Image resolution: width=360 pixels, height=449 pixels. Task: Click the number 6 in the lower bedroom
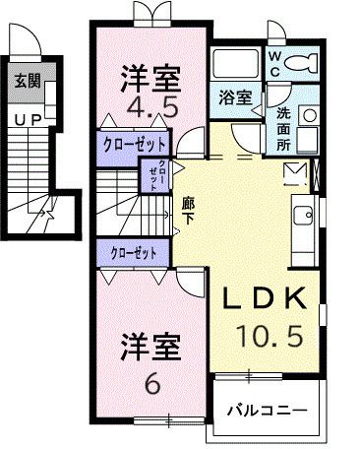pyautogui.click(x=150, y=385)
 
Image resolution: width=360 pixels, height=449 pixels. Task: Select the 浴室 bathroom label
pyautogui.click(x=234, y=98)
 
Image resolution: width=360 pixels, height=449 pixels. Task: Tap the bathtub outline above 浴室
pyautogui.click(x=234, y=67)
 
